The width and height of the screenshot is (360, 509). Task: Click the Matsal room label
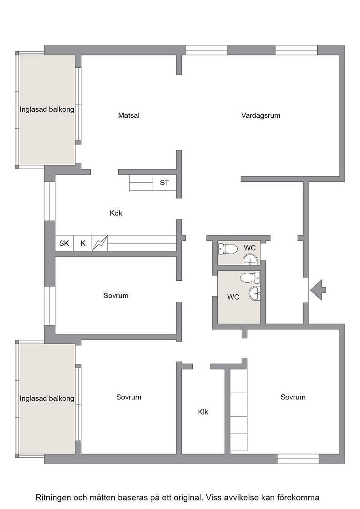pyautogui.click(x=129, y=115)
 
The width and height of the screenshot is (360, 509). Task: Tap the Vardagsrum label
pyautogui.click(x=260, y=115)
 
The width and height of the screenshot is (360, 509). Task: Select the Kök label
pyautogui.click(x=116, y=213)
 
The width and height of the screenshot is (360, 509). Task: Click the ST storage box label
pyautogui.click(x=165, y=183)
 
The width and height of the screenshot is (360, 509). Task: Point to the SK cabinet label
pyautogui.click(x=64, y=243)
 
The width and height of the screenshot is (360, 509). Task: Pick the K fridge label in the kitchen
pyautogui.click(x=83, y=243)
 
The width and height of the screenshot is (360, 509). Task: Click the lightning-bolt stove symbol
pyautogui.click(x=100, y=243)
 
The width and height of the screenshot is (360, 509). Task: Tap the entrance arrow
pyautogui.click(x=318, y=290)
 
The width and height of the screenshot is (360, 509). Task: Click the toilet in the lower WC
pyautogui.click(x=250, y=278)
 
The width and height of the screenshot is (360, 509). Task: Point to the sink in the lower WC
pyautogui.click(x=255, y=294)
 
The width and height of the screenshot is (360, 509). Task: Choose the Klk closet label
pyautogui.click(x=203, y=412)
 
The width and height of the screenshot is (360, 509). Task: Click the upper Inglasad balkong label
pyautogui.click(x=47, y=110)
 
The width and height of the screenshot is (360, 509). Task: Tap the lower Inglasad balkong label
pyautogui.click(x=47, y=398)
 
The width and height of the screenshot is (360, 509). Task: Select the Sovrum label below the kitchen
pyautogui.click(x=116, y=296)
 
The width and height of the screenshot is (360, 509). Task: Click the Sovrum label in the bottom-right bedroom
pyautogui.click(x=293, y=397)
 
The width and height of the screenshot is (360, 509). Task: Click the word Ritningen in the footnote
pyautogui.click(x=53, y=497)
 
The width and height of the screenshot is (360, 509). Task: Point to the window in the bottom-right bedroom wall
pyautogui.click(x=298, y=459)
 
